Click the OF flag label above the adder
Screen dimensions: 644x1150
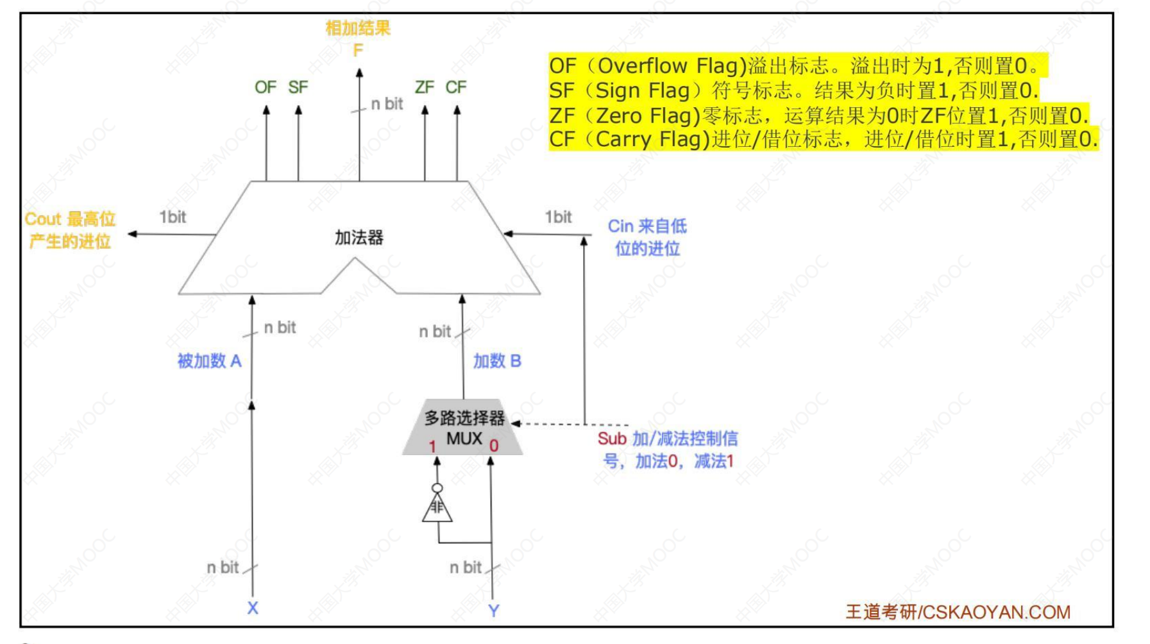(265, 87)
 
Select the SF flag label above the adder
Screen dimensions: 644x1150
(298, 87)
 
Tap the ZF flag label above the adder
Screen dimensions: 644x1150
(425, 87)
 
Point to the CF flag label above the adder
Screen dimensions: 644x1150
(456, 87)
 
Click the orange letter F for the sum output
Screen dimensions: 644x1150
(358, 50)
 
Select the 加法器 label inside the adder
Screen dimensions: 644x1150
(359, 238)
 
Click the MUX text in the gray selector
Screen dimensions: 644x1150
(464, 439)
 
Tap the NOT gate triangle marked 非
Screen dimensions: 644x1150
(437, 509)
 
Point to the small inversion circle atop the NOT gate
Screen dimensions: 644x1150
(437, 488)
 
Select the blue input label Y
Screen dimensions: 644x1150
(493, 611)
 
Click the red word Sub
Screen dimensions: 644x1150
(612, 439)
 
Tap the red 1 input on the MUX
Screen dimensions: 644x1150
(433, 446)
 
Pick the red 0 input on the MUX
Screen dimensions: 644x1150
(494, 446)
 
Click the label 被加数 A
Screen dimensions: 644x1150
(209, 361)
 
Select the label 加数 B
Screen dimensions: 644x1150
(497, 361)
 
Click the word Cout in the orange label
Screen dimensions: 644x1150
(43, 219)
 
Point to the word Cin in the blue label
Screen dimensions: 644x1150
(620, 226)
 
